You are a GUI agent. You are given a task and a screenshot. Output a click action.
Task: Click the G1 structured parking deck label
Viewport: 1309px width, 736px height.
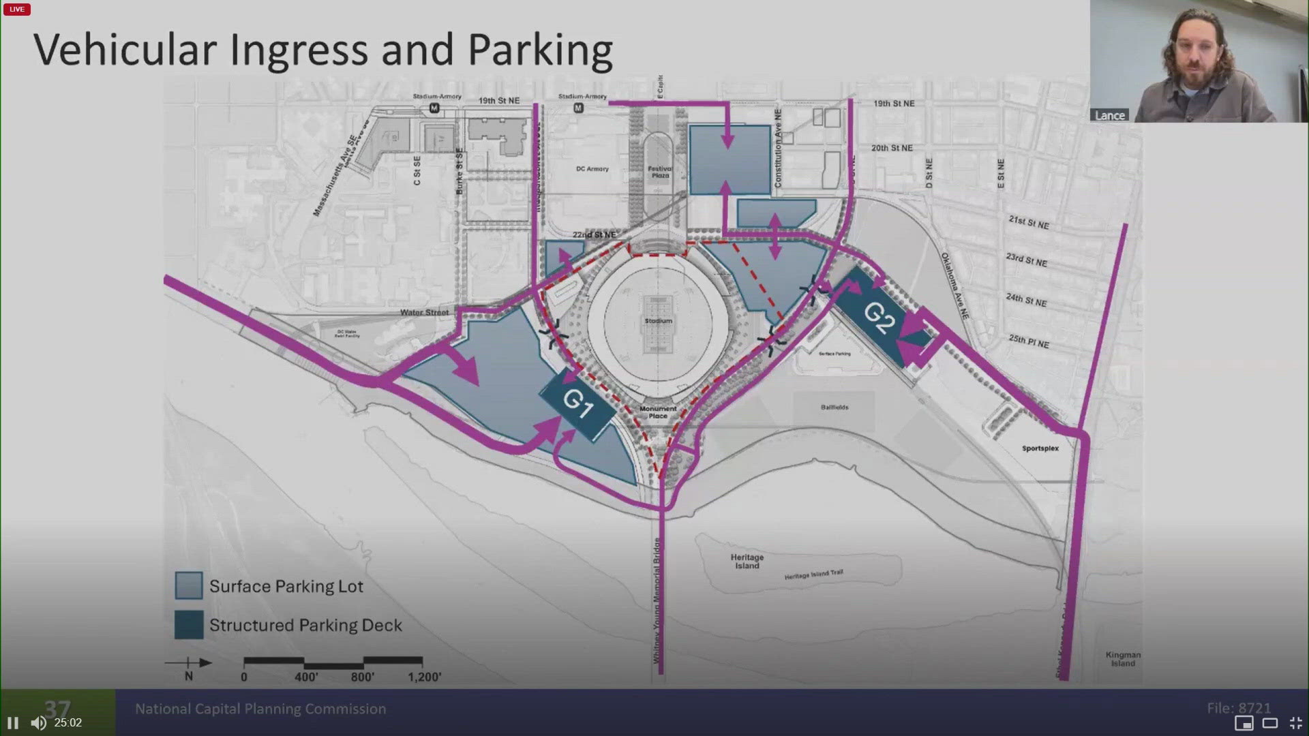[577, 403]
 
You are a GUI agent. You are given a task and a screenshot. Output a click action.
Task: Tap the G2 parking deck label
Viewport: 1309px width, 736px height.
[879, 318]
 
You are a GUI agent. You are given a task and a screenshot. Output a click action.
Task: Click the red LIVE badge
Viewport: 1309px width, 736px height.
[17, 10]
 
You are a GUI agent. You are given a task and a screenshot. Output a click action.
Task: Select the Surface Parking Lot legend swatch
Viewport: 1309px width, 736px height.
[189, 585]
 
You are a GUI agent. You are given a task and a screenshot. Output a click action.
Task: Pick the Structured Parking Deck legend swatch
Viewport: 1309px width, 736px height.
[189, 624]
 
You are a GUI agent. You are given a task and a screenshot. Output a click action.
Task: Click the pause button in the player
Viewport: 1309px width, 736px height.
[13, 723]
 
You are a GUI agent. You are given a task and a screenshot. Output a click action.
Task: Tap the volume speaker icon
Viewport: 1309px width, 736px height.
[38, 723]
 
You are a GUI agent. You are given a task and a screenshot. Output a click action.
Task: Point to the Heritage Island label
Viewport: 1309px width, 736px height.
[747, 562]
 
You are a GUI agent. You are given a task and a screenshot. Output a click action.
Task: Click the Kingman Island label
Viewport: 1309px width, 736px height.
[1123, 659]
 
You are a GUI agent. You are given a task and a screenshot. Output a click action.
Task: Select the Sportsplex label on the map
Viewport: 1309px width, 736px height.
[1040, 448]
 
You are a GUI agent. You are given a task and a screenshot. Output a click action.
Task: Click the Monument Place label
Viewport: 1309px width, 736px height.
[658, 412]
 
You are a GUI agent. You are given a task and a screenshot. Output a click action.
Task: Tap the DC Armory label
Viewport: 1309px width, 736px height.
[592, 169]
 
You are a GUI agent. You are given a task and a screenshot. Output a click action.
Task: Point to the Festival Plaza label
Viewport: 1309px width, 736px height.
[660, 172]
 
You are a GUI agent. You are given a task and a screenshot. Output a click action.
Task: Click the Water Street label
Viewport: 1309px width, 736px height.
[424, 313]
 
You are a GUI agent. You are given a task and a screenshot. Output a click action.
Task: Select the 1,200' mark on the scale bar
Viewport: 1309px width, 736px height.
[424, 677]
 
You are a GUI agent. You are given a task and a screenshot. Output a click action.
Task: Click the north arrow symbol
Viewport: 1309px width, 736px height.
[189, 663]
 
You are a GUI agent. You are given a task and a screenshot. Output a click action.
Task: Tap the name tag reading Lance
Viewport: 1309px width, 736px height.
[1109, 116]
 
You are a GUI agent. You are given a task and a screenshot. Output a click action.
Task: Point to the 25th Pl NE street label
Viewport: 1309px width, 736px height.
[1029, 341]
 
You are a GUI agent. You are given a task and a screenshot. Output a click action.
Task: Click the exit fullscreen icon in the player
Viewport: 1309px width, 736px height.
[1296, 723]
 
